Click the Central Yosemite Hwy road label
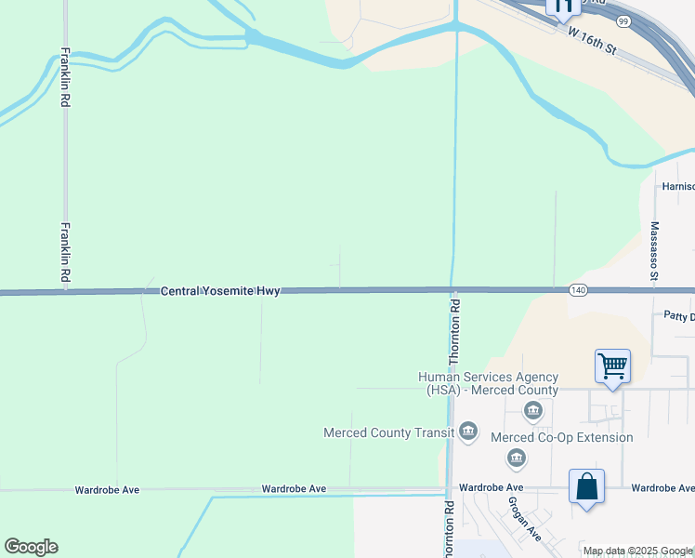[x=220, y=291]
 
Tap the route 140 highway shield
[x=578, y=291]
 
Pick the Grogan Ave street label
[x=524, y=518]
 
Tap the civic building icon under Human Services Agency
[x=534, y=410]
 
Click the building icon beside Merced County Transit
[x=468, y=431]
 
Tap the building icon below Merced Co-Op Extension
[x=517, y=458]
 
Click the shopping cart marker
[x=613, y=365]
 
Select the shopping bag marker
[x=586, y=486]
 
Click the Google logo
[x=31, y=547]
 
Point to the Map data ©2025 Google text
[x=637, y=551]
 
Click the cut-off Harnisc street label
[x=677, y=186]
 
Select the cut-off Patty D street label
[x=678, y=317]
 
